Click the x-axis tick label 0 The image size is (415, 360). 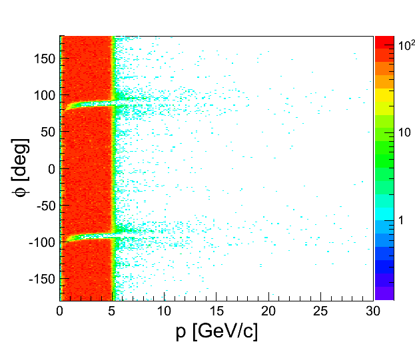coord(60,311)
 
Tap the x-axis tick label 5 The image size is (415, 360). coord(113,311)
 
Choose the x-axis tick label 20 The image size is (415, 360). coord(268,311)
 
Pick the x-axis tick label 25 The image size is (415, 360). coord(320,311)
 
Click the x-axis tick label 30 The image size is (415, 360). coord(372,311)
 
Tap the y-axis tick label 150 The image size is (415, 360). coord(45,59)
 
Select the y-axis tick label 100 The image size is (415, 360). coord(45,95)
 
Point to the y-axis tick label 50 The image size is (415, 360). coord(47,132)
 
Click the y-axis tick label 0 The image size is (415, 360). coord(51,168)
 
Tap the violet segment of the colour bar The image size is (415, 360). coord(384,293)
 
